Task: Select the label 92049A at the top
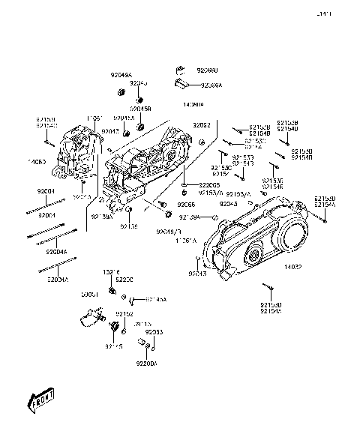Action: tap(121, 76)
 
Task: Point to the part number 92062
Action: tap(200, 125)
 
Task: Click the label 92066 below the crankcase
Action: tap(185, 204)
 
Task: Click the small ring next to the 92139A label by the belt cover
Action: tap(215, 217)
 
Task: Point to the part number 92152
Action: tap(124, 315)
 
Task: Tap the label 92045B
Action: tap(139, 109)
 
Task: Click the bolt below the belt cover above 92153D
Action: tap(274, 289)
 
